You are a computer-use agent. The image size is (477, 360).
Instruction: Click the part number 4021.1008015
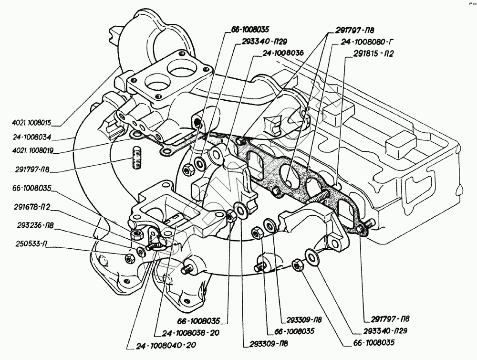pos(32,123)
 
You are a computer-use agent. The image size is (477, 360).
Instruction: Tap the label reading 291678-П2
pos(31,207)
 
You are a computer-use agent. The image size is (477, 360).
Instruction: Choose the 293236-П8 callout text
pos(35,226)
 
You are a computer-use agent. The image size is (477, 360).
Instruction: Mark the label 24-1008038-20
pos(190,333)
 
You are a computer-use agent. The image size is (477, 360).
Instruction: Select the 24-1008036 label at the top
pos(283,53)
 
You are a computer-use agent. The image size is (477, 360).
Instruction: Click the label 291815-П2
pos(373,53)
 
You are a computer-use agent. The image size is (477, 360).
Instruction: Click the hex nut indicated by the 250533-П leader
pos(129,258)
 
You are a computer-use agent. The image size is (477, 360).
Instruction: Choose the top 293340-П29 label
pos(265,42)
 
